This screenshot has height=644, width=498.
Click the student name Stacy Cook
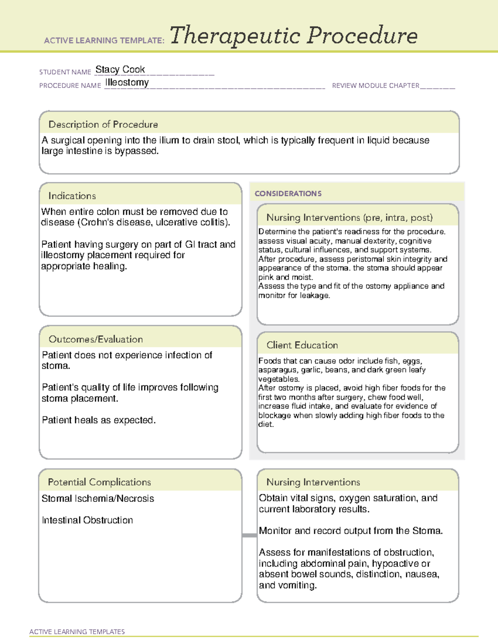[x=120, y=69]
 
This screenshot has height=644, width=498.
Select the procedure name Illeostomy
[x=127, y=83]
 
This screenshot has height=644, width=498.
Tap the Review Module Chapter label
[x=375, y=85]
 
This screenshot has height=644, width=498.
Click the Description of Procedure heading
[x=103, y=124]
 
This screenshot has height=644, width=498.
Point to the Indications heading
[x=72, y=196]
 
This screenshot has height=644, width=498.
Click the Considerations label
[x=288, y=194]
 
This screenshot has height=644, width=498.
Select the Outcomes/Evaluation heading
[x=95, y=339]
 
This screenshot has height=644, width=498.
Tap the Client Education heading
[x=302, y=345]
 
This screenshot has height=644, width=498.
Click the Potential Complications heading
[x=99, y=482]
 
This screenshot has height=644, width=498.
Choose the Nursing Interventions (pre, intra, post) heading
[x=349, y=218]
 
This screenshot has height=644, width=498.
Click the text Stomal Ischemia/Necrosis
[x=98, y=498]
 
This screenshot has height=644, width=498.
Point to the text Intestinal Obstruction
[x=87, y=520]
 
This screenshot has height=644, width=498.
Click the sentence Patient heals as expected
[x=99, y=420]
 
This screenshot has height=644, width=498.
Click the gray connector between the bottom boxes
[x=249, y=535]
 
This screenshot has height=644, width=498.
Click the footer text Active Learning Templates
[x=77, y=632]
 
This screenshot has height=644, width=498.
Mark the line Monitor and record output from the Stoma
[x=351, y=531]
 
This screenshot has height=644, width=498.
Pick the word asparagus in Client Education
[x=273, y=370]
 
